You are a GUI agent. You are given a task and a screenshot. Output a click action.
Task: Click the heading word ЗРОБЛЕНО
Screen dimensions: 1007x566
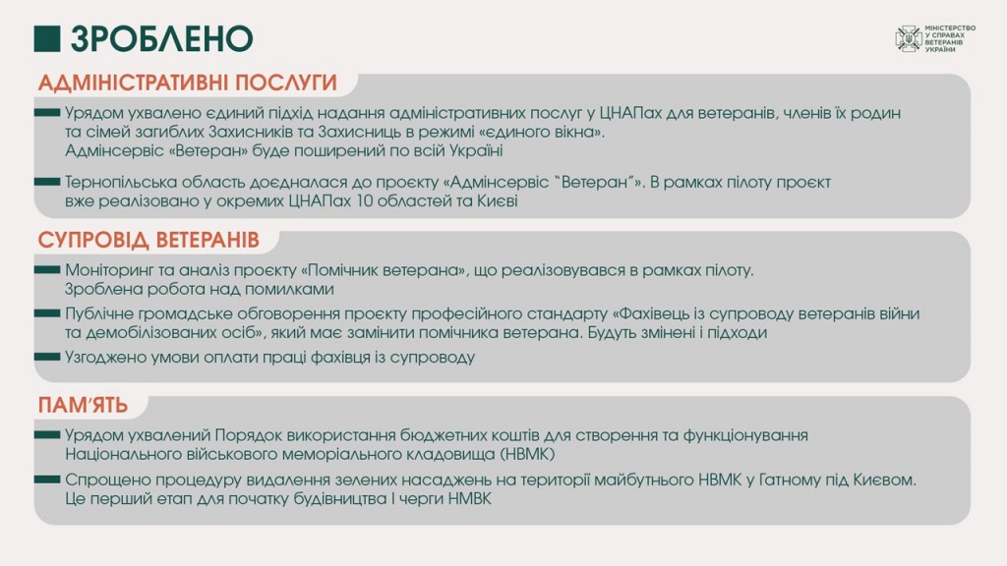[162, 38]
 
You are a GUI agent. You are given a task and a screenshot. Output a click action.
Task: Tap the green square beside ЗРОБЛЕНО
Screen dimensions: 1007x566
[47, 38]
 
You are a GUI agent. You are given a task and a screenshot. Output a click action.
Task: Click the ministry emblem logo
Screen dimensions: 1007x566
[909, 38]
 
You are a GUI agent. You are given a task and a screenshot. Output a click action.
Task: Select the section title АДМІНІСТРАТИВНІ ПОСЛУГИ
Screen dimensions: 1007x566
[187, 83]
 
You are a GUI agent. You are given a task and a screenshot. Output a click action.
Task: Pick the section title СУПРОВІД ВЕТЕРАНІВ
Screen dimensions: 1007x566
[148, 240]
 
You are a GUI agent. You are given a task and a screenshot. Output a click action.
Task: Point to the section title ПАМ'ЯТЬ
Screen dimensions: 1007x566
[83, 406]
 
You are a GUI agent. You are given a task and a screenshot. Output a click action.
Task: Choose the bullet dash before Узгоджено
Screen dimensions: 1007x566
[47, 357]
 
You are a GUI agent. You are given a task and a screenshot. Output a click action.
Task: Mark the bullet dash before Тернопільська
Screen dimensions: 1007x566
[47, 182]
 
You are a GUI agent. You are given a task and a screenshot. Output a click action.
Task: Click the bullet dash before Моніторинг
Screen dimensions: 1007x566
[47, 269]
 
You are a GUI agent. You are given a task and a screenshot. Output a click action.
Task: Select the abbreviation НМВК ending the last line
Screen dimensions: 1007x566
[469, 499]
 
